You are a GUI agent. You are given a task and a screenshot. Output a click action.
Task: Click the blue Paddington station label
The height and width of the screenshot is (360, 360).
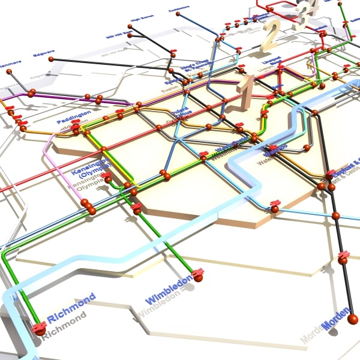(x=74, y=116)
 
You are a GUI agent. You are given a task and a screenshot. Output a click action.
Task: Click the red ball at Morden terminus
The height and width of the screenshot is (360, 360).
(x=353, y=319)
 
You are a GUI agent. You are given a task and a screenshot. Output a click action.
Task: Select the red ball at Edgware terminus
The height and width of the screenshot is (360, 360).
(x=51, y=59)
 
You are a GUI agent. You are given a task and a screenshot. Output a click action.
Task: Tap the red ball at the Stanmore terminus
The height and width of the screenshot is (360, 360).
(x=10, y=71)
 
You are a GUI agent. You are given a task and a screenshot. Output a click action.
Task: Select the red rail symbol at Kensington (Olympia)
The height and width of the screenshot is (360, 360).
(x=107, y=177)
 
